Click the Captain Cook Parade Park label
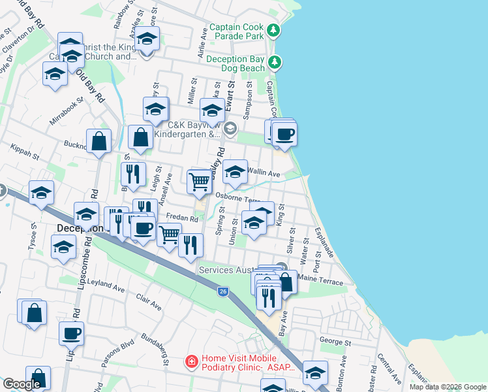(x=238, y=31)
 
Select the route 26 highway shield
(x=223, y=292)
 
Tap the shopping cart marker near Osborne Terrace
(x=199, y=181)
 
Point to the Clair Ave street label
(x=148, y=301)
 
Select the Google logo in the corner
(x=22, y=384)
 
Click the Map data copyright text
(x=447, y=387)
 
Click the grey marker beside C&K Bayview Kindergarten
(x=229, y=129)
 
